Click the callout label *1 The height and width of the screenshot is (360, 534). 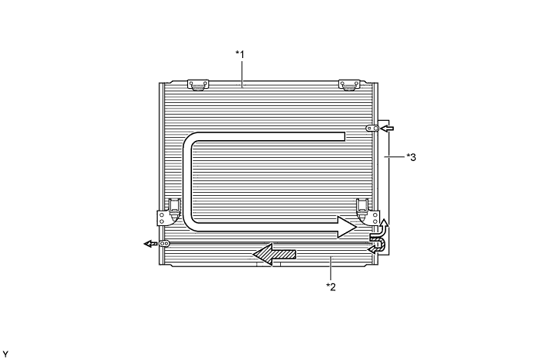240,54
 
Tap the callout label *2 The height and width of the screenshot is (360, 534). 331,286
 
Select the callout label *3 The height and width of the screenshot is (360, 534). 411,157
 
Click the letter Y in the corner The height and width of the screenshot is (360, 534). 5,355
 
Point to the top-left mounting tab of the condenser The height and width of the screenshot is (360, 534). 198,85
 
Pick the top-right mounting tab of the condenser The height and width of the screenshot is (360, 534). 349,85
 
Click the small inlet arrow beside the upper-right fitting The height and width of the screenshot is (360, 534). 387,129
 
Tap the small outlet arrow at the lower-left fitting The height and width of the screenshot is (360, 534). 150,244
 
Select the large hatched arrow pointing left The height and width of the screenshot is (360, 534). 274,255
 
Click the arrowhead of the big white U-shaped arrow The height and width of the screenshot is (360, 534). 347,227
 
